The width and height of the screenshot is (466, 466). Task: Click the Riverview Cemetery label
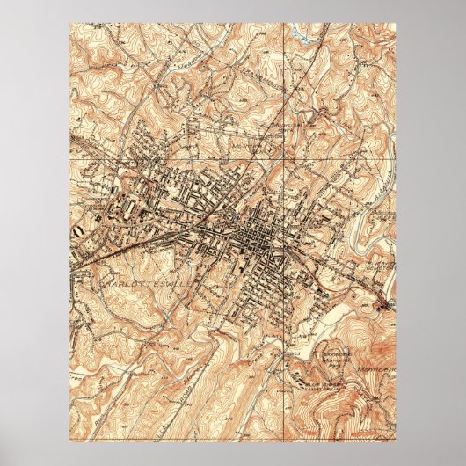click(x=369, y=263)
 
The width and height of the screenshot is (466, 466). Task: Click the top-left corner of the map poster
click(x=69, y=24)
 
